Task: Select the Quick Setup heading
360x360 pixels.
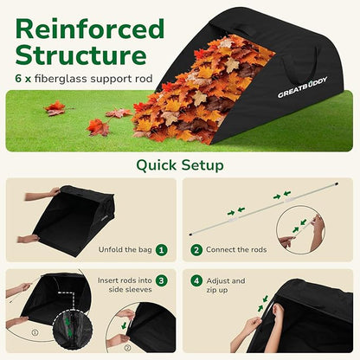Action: (x=180, y=164)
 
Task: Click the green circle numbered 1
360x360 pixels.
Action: (x=161, y=249)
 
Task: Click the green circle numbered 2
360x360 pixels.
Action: (x=196, y=249)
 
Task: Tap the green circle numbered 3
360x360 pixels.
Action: (x=161, y=280)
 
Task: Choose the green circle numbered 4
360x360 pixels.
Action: (x=196, y=280)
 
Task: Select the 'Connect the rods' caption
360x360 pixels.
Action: (x=236, y=249)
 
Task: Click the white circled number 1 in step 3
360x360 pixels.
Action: (x=33, y=331)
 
